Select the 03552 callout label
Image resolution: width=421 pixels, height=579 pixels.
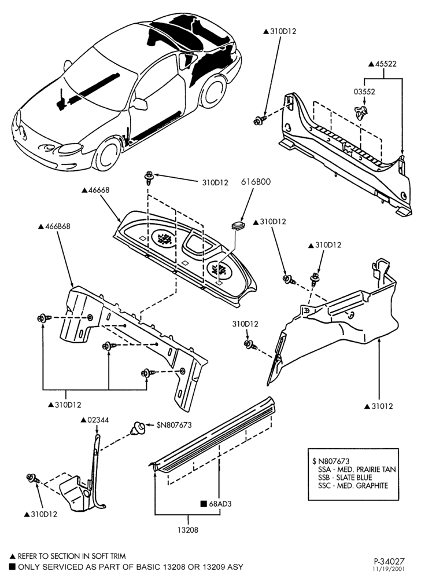[364, 91]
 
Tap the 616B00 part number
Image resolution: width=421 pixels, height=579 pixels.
[256, 182]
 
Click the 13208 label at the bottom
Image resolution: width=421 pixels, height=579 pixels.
[188, 530]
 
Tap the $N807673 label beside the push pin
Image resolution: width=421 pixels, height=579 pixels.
[174, 425]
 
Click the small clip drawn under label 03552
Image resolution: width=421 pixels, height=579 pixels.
[361, 113]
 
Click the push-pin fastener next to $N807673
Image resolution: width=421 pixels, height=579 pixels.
[138, 428]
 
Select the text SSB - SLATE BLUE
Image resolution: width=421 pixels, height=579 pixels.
[345, 478]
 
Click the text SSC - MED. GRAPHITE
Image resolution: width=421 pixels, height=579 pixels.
[353, 486]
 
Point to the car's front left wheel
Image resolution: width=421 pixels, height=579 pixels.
[108, 155]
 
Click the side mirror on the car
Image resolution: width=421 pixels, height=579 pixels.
[140, 104]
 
